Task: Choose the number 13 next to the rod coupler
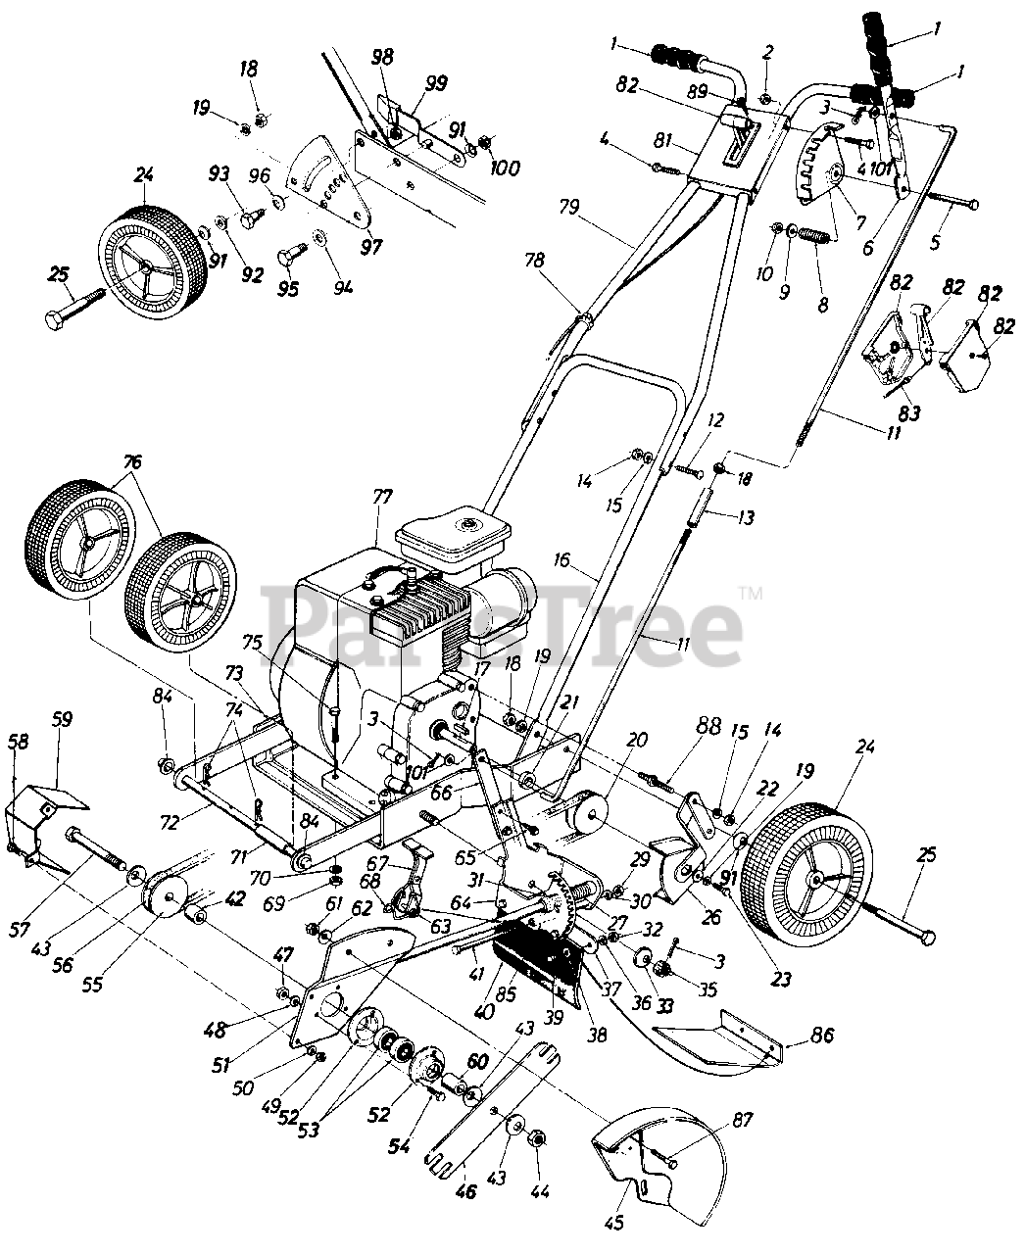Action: [746, 518]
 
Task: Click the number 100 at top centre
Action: [505, 168]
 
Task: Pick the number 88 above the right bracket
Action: [709, 727]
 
